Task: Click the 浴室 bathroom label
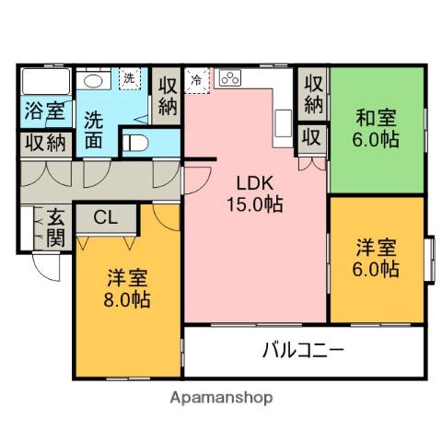coord(44,112)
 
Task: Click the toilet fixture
coord(135,143)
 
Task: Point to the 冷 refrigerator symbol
coord(196,79)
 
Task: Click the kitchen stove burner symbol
coord(229,79)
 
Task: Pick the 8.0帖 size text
coord(126,298)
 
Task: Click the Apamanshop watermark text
coord(220,399)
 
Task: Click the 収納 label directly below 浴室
coord(43,143)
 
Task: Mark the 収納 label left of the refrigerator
coord(167,95)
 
